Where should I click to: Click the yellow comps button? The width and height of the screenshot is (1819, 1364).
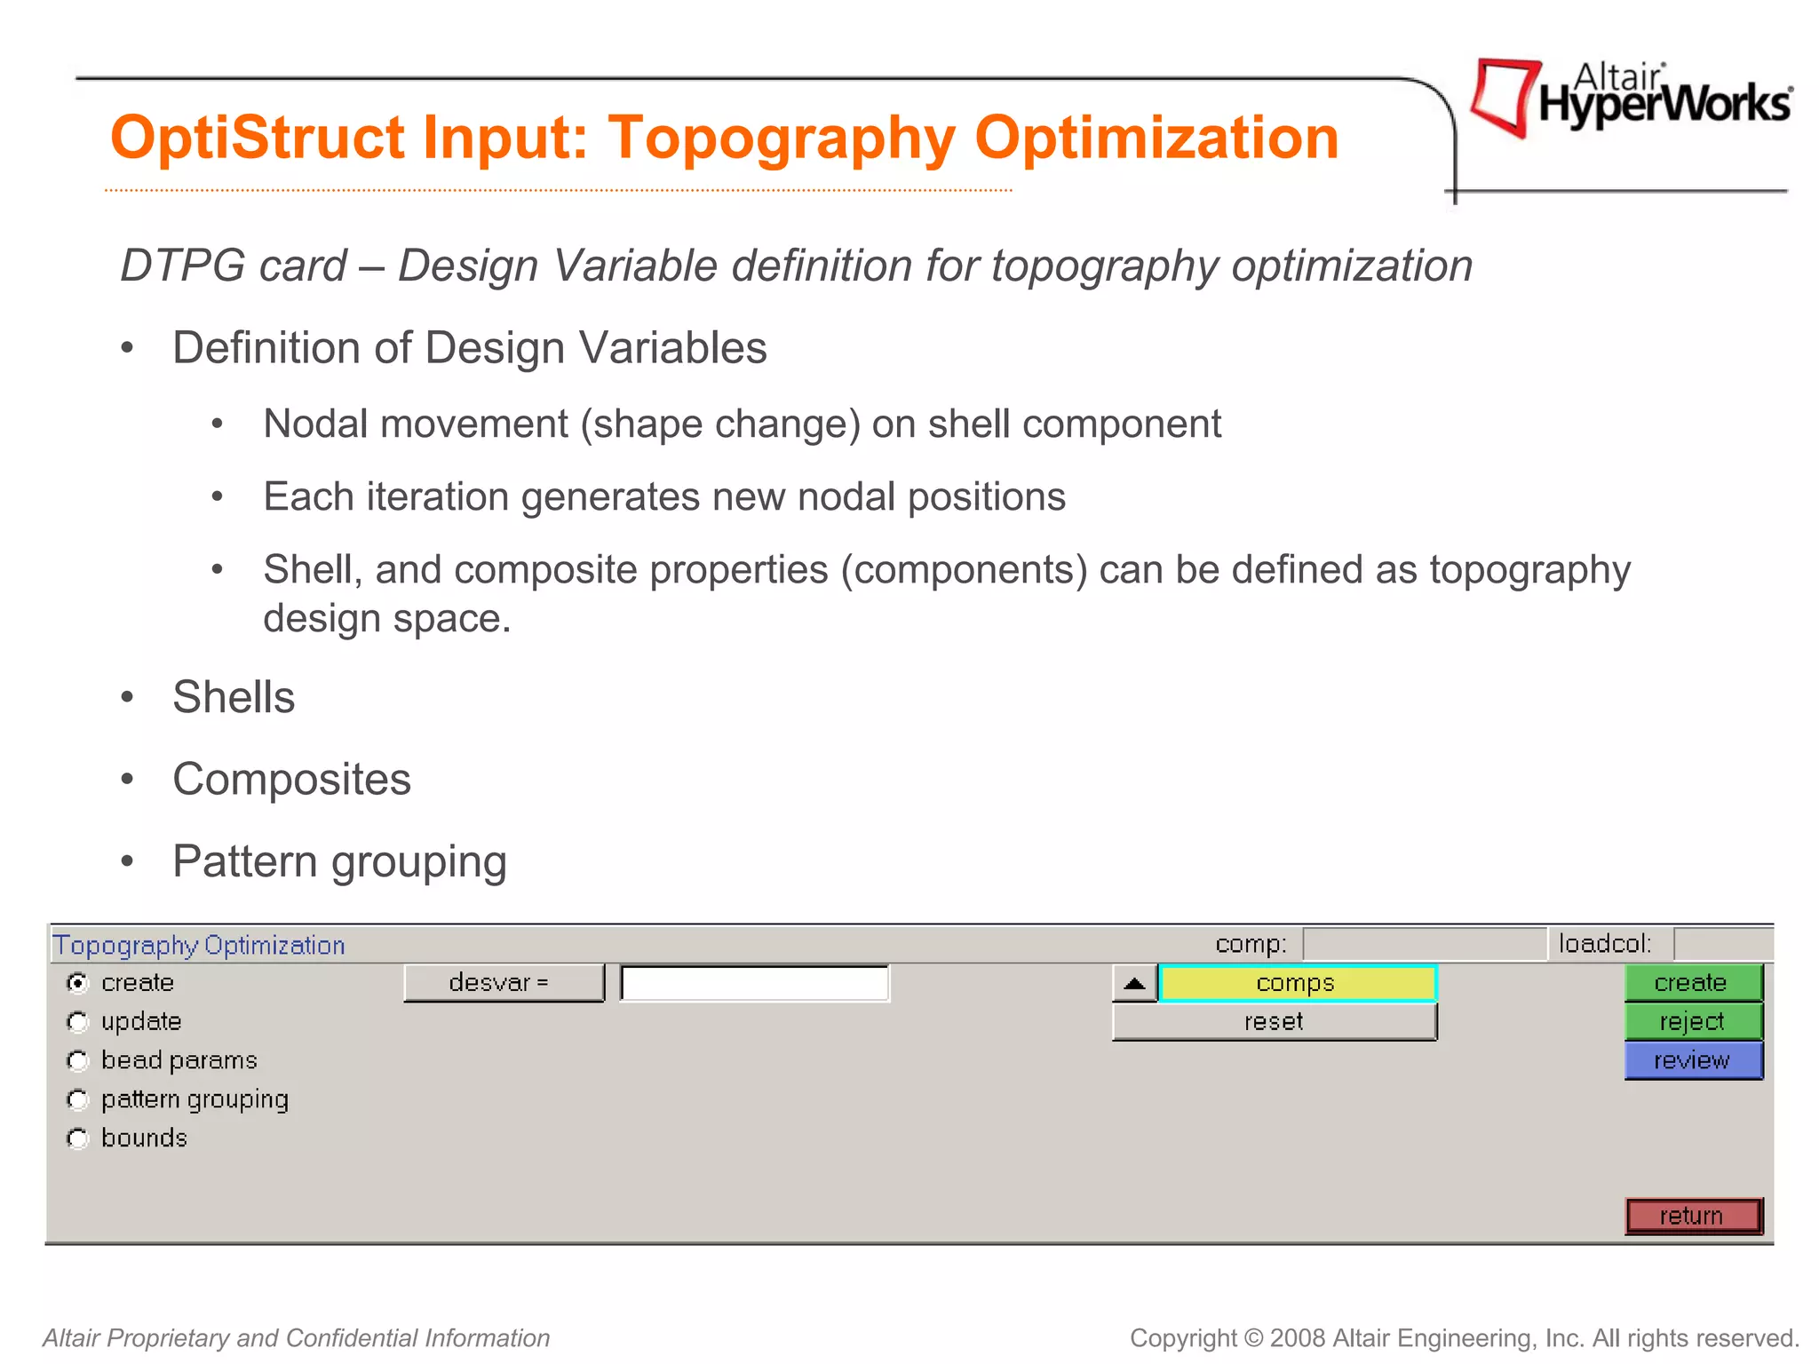1297,983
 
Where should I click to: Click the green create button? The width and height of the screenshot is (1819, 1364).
1692,983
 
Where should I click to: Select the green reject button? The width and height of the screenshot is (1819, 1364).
1692,1022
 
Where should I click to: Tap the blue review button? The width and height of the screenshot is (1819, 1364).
1692,1060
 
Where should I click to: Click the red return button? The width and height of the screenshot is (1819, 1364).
1692,1216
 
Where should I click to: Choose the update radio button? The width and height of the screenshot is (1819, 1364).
78,1022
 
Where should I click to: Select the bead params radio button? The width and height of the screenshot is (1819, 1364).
78,1061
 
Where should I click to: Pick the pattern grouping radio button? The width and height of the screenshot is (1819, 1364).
78,1100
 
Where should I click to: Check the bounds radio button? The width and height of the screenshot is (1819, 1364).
78,1138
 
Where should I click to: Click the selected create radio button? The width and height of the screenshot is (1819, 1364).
78,983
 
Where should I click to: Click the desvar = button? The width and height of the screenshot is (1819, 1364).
503,983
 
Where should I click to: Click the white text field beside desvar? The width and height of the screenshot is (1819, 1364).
754,984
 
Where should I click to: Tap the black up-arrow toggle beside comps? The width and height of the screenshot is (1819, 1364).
1134,984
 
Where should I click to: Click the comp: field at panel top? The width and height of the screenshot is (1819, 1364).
1424,944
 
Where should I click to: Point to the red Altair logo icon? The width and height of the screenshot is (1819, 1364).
1504,96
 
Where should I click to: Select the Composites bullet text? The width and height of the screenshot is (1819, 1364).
291,780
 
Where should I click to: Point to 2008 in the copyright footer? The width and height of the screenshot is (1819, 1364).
1298,1338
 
